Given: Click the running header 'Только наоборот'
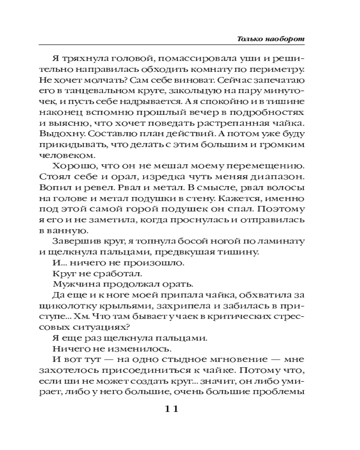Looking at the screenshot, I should [x=271, y=39].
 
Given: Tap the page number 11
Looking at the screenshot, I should [x=172, y=409].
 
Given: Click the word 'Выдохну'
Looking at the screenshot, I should [x=60, y=135].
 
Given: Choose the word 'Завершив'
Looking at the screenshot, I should [x=72, y=241].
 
